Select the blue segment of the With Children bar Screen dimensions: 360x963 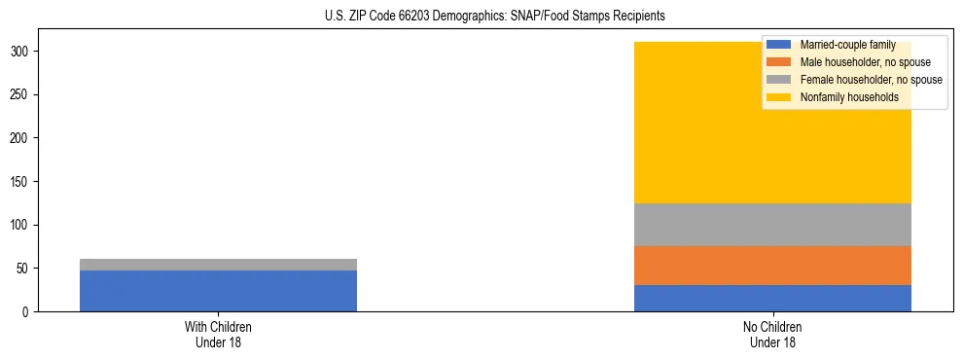tap(218, 291)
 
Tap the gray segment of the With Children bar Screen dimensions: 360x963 tap(218, 265)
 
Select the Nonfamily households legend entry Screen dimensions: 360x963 tap(849, 97)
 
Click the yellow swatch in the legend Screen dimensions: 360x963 tap(779, 97)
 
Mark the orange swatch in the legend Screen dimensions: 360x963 tap(779, 62)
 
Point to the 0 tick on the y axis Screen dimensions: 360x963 tap(26, 312)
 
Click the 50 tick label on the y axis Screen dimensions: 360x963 tap(23, 269)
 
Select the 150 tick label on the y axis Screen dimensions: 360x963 tap(20, 182)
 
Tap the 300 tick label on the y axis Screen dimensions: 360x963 tap(20, 52)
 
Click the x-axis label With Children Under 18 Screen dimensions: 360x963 tap(218, 335)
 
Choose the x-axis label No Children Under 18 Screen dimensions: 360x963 tap(772, 335)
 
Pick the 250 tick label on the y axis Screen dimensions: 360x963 tap(20, 95)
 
